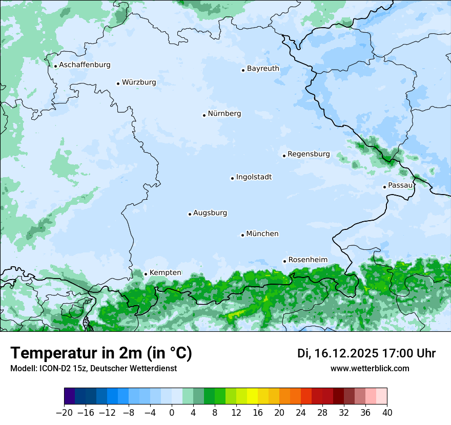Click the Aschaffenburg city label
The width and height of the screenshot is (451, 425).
(85, 65)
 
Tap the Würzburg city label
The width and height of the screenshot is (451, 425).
(139, 82)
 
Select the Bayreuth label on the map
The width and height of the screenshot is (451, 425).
(263, 69)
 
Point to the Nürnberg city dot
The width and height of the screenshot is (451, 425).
(204, 115)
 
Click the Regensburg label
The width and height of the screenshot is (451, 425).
(309, 154)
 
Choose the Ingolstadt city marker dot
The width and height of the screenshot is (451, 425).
(232, 179)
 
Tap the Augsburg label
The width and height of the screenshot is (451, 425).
(210, 213)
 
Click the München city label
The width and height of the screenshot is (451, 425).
(262, 234)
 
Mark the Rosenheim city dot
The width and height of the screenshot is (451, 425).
(284, 262)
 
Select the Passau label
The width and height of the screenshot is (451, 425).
(400, 185)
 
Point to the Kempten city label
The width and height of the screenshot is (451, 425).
(165, 273)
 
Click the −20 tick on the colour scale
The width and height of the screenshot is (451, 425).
(65, 413)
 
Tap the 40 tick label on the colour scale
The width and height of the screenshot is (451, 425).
(387, 413)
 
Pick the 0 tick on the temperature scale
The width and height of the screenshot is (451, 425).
(172, 413)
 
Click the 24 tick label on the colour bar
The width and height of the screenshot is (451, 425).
(301, 413)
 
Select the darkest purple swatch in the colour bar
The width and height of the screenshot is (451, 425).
(70, 396)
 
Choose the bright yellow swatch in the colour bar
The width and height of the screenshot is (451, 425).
(252, 396)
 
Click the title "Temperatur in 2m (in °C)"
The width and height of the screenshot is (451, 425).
(101, 353)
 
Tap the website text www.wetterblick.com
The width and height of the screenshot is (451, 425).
(370, 368)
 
